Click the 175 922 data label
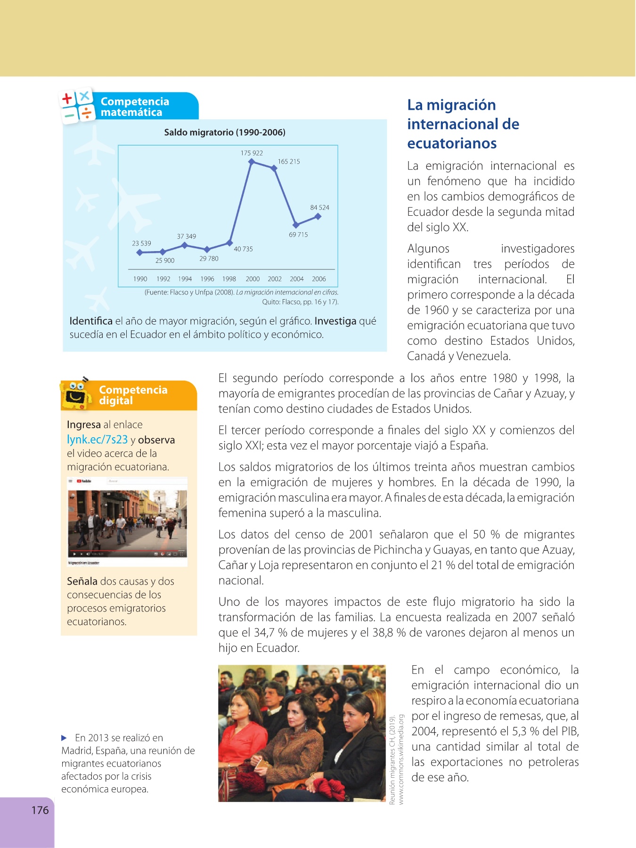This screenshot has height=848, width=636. [252, 153]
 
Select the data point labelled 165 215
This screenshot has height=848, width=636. [275, 168]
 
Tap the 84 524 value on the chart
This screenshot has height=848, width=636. [319, 207]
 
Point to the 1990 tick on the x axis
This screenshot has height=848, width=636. [140, 279]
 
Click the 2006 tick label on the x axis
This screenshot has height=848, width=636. [319, 279]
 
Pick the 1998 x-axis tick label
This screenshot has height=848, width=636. [229, 279]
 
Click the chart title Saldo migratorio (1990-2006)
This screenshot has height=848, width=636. [225, 132]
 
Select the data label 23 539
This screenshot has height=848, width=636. [141, 244]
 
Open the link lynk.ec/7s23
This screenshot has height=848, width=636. [97, 440]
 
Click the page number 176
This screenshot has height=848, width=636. [40, 810]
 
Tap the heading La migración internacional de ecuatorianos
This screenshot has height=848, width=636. [463, 124]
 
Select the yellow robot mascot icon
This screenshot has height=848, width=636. [76, 395]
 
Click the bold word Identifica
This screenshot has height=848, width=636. [91, 321]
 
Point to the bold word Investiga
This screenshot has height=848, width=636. [335, 321]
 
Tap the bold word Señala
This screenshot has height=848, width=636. [82, 581]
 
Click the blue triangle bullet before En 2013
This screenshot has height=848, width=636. [65, 738]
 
